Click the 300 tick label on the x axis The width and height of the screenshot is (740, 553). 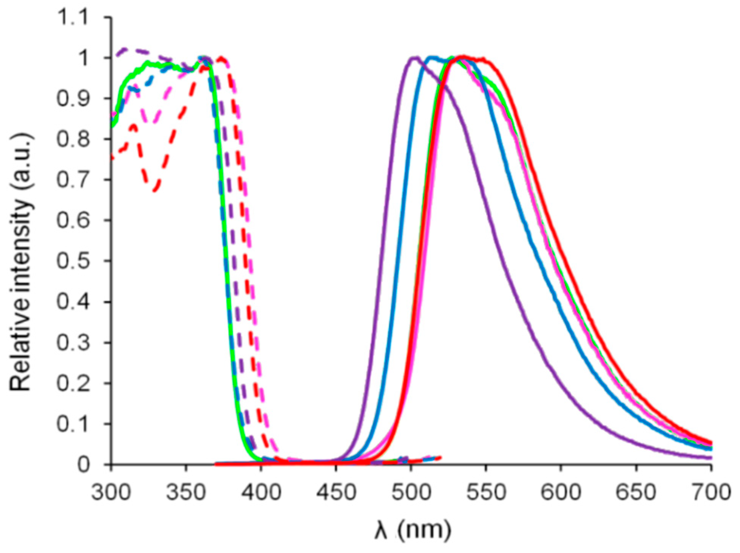pyautogui.click(x=111, y=492)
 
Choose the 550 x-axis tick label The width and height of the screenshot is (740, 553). pyautogui.click(x=486, y=492)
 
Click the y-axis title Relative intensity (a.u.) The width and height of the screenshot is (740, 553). pyautogui.click(x=21, y=262)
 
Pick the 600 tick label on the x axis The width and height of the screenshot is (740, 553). pyautogui.click(x=561, y=492)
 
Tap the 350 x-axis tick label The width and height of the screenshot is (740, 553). pyautogui.click(x=186, y=492)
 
